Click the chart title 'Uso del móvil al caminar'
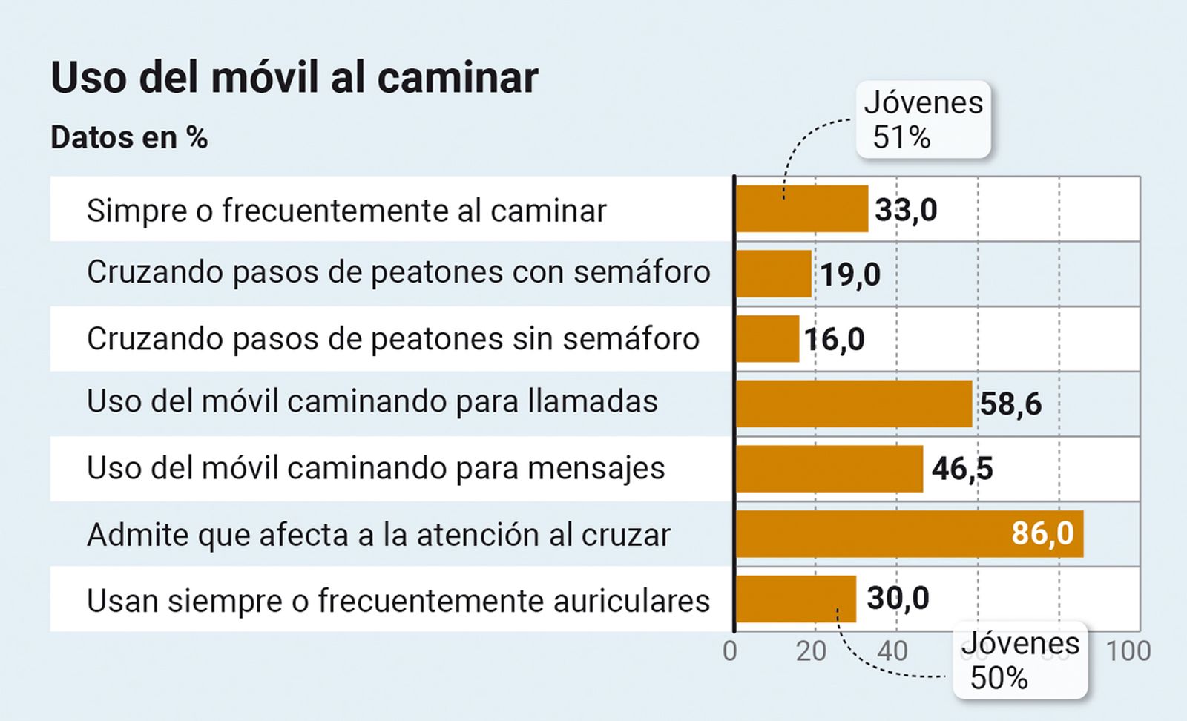294,77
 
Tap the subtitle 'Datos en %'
129,138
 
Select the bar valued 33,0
801,209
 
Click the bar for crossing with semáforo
774,274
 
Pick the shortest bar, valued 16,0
767,339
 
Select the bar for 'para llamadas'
853,404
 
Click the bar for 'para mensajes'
829,469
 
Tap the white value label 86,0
1042,533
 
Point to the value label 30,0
898,598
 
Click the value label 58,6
1010,404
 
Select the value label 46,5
962,469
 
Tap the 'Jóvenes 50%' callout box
1020,661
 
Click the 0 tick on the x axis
730,651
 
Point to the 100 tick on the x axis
1128,651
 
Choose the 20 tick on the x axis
811,651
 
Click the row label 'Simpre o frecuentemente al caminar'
346,211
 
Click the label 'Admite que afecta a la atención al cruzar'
378,535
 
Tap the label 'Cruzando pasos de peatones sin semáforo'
392,339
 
